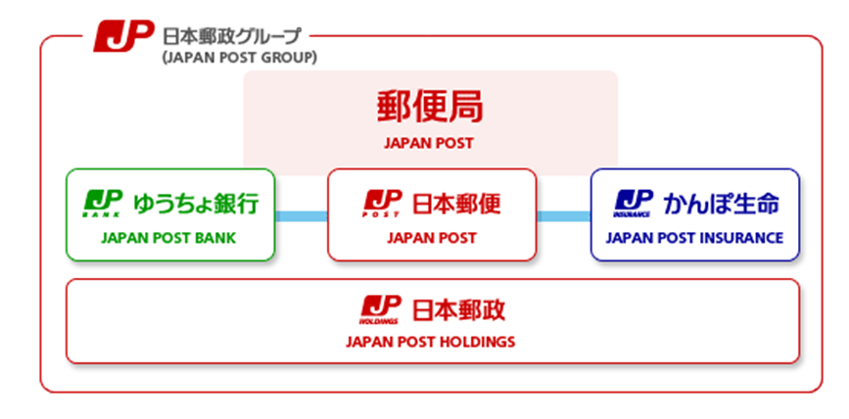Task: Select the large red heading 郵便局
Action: [x=430, y=107]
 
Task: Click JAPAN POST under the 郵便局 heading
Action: [x=430, y=143]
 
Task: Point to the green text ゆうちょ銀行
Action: [x=199, y=204]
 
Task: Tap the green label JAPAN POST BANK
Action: [x=170, y=237]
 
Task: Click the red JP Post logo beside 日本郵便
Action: [x=382, y=203]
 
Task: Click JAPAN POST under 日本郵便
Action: [x=432, y=237]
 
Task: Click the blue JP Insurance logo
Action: [x=633, y=203]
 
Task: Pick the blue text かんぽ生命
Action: [x=722, y=204]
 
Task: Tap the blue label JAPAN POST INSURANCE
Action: [x=694, y=237]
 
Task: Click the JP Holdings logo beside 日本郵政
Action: [x=380, y=308]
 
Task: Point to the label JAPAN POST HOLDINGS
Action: [x=431, y=342]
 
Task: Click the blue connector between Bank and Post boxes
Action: [x=301, y=215]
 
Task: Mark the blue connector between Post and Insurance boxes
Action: [x=563, y=215]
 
